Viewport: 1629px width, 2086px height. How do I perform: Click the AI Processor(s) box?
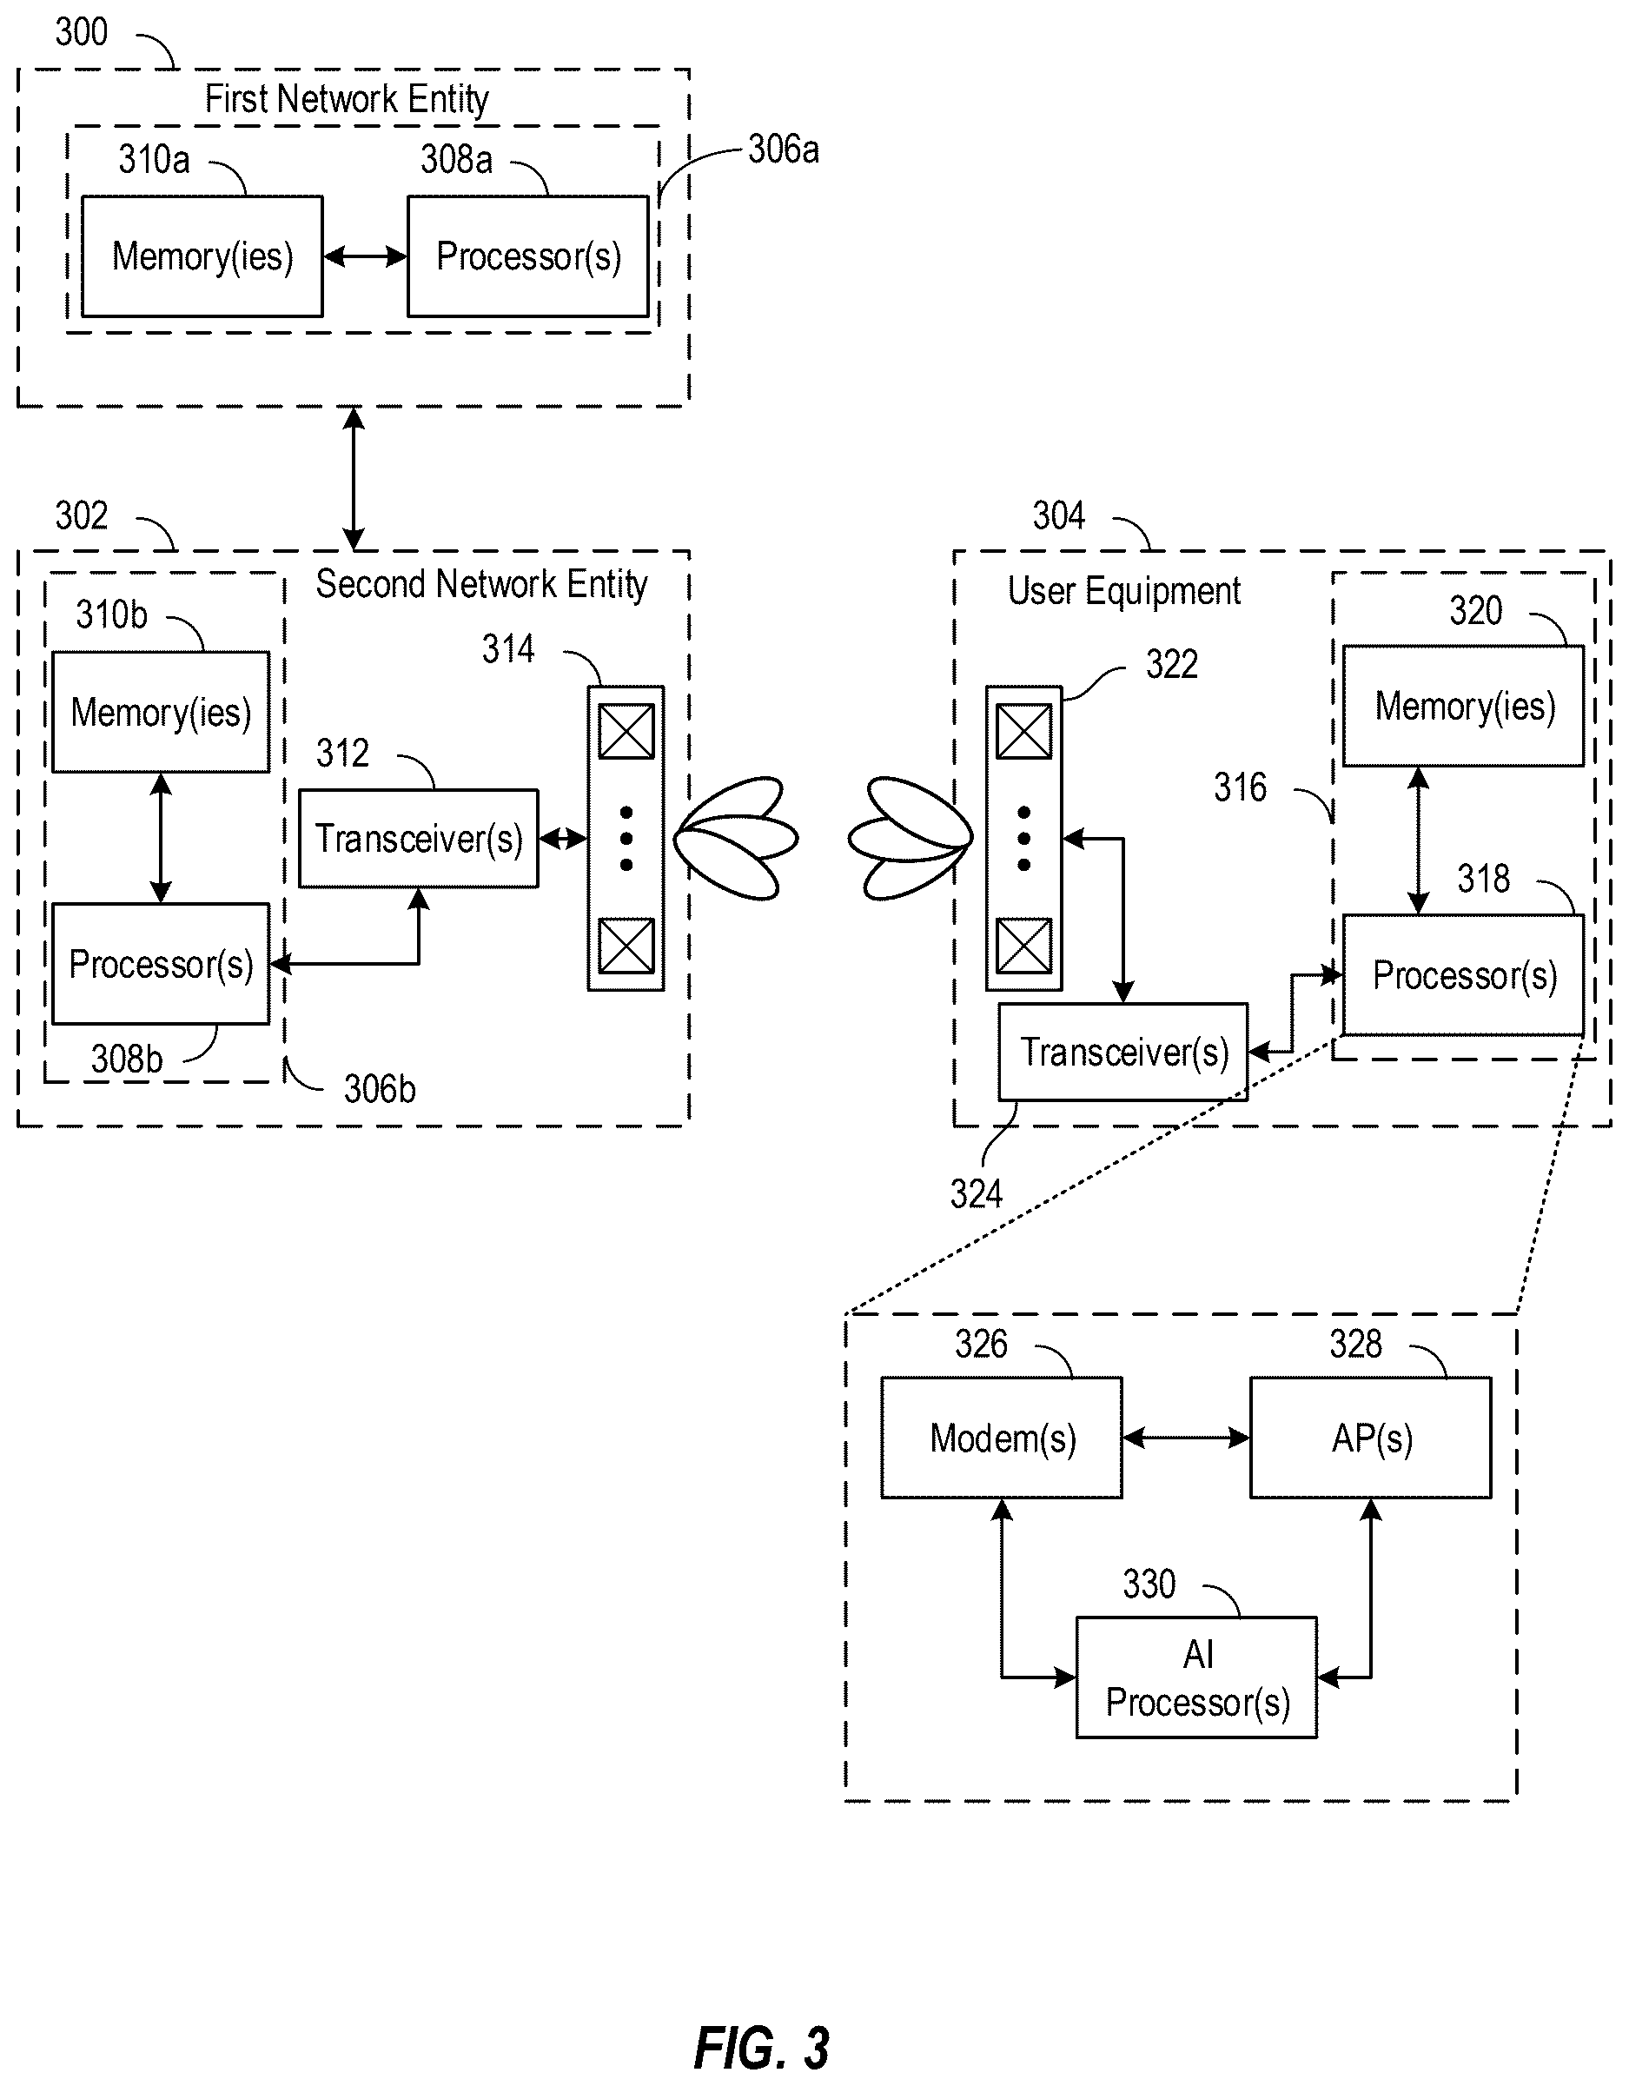click(x=1196, y=1677)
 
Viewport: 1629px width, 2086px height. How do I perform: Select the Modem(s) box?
click(x=1002, y=1438)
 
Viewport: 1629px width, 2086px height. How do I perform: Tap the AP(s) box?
click(x=1370, y=1438)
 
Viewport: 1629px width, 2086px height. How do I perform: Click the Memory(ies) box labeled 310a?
click(x=202, y=256)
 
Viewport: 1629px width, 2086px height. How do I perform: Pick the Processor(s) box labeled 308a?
click(x=528, y=256)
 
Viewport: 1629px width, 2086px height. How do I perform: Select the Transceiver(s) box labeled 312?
click(x=418, y=839)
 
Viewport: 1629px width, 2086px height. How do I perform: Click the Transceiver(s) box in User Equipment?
click(x=1122, y=1052)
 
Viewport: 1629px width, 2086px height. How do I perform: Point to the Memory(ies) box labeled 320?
click(x=1464, y=706)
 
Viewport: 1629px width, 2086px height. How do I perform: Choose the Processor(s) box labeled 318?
click(x=1464, y=975)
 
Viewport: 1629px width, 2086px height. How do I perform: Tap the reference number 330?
click(x=1149, y=1584)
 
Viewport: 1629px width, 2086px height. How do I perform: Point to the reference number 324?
click(x=976, y=1194)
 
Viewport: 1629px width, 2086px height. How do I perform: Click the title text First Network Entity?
click(x=347, y=98)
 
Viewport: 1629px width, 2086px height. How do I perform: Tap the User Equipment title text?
click(x=1124, y=591)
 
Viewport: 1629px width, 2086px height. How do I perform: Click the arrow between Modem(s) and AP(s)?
click(x=1186, y=1438)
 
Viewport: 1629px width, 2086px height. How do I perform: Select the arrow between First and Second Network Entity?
click(x=354, y=479)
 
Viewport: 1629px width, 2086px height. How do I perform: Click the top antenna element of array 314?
click(x=626, y=731)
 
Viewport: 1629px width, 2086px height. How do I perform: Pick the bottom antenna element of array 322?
click(x=1023, y=946)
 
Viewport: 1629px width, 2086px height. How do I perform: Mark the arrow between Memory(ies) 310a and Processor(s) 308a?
click(x=366, y=256)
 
